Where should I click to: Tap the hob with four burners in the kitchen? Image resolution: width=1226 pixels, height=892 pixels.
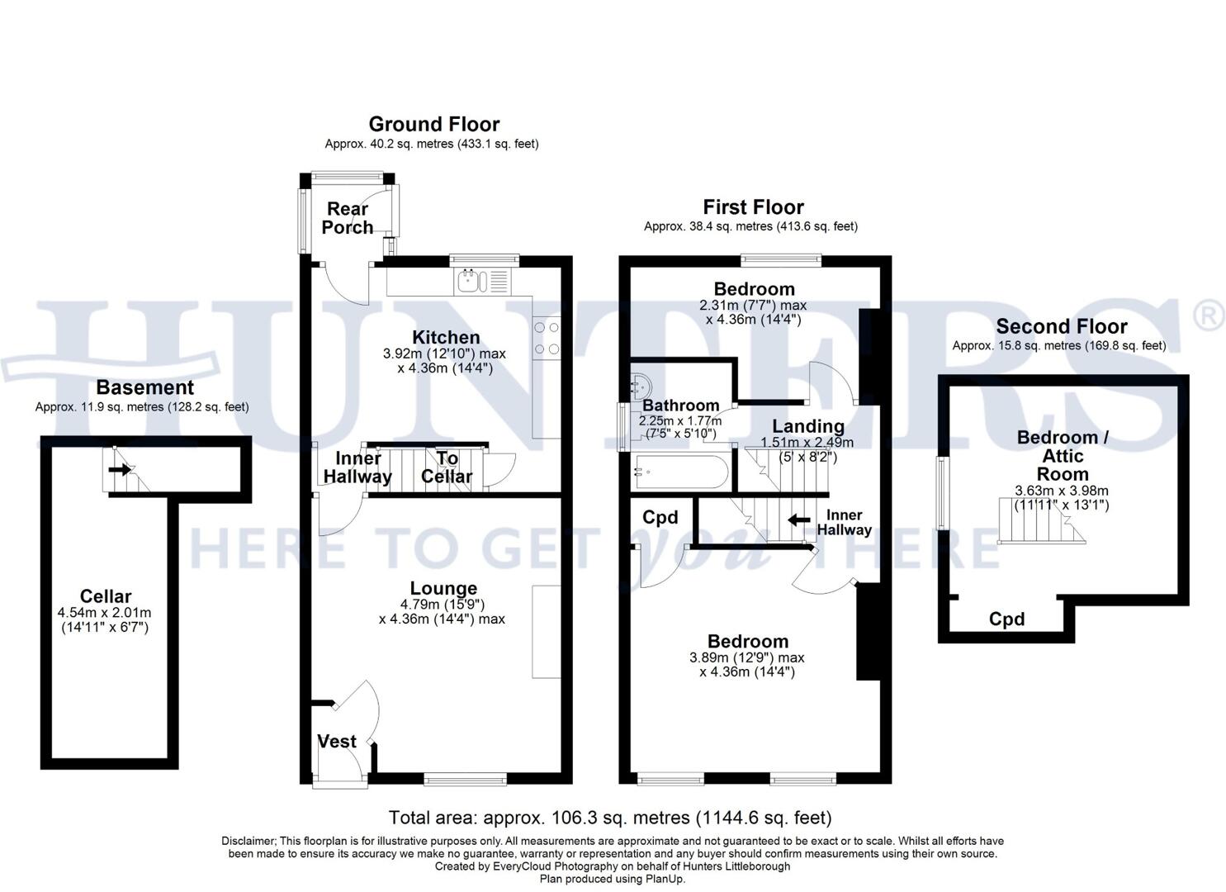click(547, 339)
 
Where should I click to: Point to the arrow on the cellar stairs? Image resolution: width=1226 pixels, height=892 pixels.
click(120, 470)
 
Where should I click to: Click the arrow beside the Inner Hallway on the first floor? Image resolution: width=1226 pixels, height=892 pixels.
click(798, 520)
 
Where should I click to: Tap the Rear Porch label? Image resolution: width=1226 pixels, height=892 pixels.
click(348, 218)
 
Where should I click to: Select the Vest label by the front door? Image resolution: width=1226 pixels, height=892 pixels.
click(337, 742)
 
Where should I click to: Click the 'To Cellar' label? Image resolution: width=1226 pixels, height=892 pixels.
click(447, 467)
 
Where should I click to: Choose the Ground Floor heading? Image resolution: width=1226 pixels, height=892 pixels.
click(433, 125)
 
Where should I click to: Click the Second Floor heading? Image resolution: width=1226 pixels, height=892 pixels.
click(1061, 326)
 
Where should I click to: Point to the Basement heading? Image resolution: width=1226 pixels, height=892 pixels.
click(144, 387)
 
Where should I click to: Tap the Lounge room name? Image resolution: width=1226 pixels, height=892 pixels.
click(443, 588)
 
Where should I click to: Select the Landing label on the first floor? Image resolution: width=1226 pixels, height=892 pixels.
click(807, 426)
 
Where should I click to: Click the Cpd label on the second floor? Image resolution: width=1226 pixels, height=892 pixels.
click(1006, 619)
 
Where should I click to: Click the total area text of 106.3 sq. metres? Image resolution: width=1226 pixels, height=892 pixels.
click(610, 818)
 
